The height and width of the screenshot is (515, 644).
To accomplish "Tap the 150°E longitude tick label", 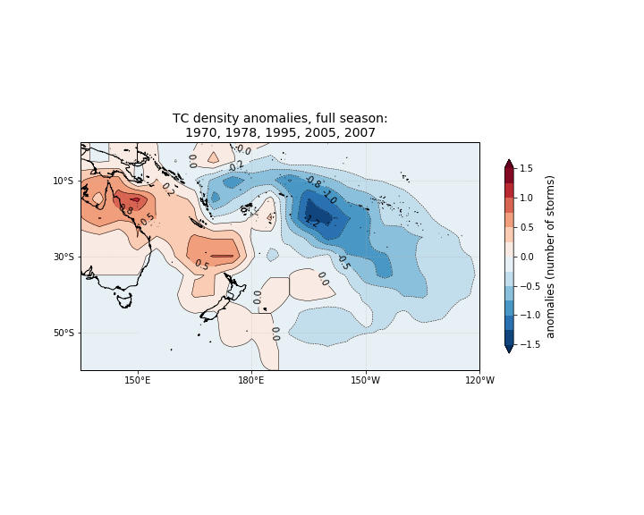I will [137, 381].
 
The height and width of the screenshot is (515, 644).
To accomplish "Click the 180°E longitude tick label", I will [251, 381].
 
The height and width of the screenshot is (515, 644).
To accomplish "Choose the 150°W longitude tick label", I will [365, 381].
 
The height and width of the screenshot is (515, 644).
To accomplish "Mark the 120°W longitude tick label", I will [479, 381].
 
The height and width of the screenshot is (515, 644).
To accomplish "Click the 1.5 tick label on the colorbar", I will [527, 168].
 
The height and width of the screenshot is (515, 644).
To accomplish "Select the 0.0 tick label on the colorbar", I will [527, 257].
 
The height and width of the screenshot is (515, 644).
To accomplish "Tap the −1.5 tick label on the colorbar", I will [529, 344].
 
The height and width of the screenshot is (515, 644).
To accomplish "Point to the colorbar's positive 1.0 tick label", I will [527, 198].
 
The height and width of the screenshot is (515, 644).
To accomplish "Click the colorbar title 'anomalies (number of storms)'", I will [551, 257].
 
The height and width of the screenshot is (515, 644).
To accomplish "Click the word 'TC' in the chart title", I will [182, 118].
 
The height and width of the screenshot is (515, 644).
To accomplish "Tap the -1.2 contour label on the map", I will [310, 220].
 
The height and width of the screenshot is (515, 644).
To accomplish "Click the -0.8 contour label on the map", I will [312, 182].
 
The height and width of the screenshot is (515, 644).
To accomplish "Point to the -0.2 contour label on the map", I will [236, 165].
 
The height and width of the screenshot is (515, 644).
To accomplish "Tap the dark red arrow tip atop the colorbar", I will [509, 163].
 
